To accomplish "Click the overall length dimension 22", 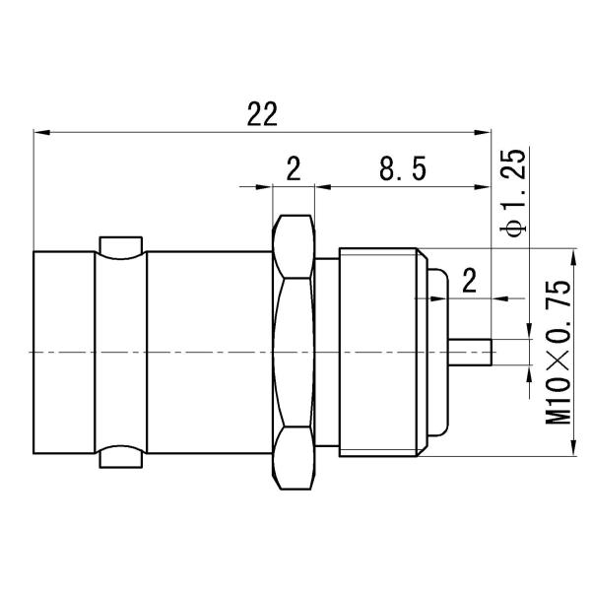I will (x=261, y=114).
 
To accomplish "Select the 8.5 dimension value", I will (x=402, y=170).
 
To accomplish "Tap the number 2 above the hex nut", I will (x=293, y=170).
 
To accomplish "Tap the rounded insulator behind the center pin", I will (x=439, y=352).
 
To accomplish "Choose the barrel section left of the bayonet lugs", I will (x=64, y=352).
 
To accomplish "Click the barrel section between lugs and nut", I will (x=207, y=352).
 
